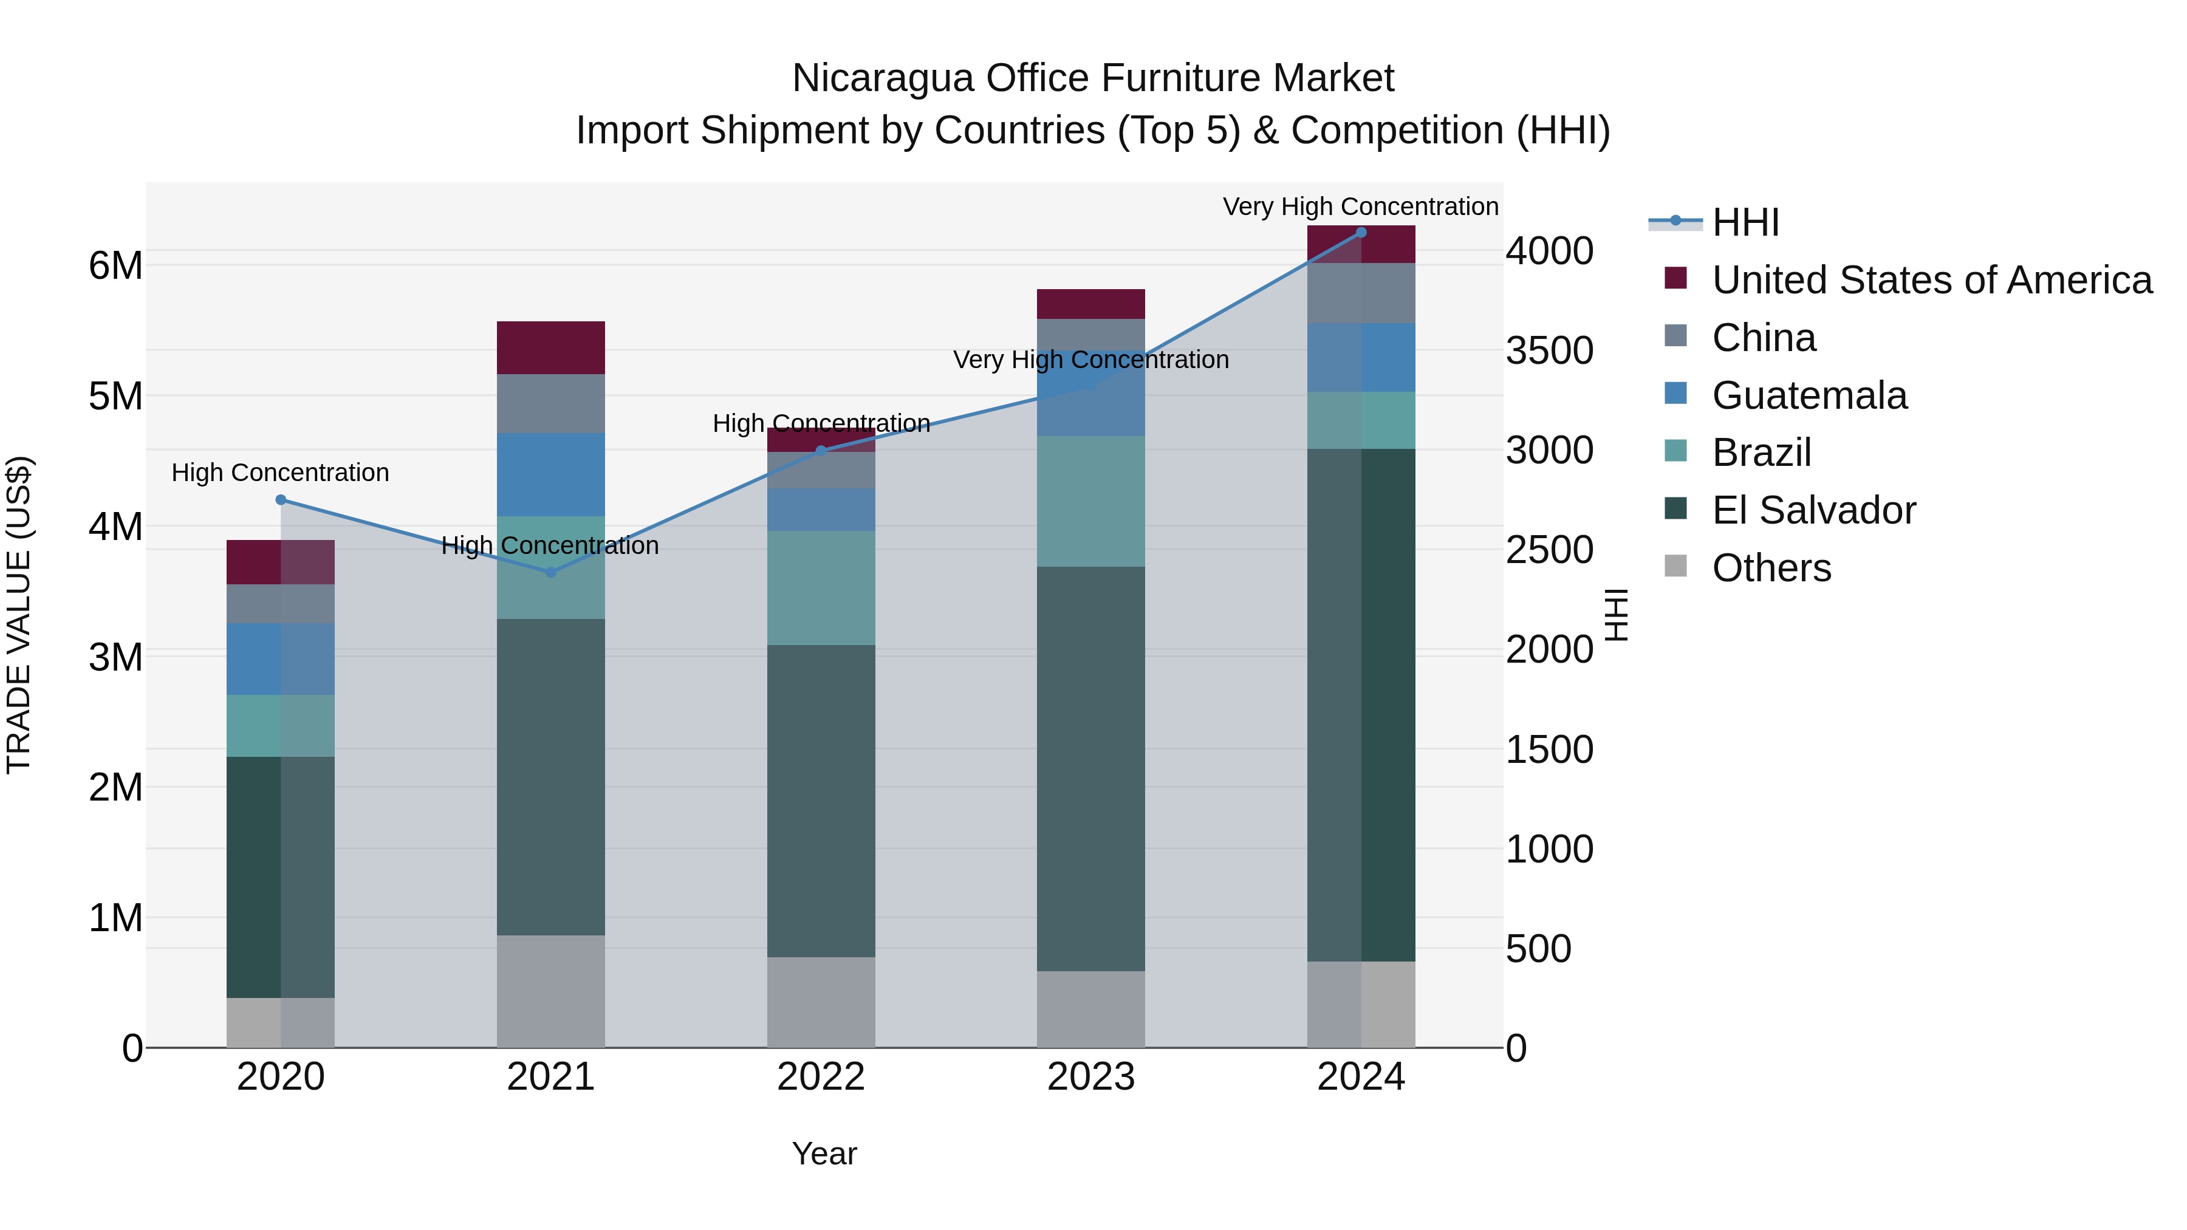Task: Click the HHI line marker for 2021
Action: pos(550,573)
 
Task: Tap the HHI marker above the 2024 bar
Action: pos(1361,233)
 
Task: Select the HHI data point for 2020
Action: pos(281,500)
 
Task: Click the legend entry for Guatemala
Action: pos(1809,395)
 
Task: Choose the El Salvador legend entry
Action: pos(1813,510)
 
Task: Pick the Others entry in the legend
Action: pos(1771,568)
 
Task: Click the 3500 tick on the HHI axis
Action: pos(1549,350)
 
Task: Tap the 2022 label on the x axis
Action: pos(820,1077)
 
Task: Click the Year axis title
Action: pos(824,1153)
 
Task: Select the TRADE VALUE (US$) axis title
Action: pos(19,615)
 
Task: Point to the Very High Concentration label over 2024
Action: pos(1360,207)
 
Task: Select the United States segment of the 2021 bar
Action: pos(550,348)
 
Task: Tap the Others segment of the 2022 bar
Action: pos(820,1002)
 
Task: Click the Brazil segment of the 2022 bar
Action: pos(820,587)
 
